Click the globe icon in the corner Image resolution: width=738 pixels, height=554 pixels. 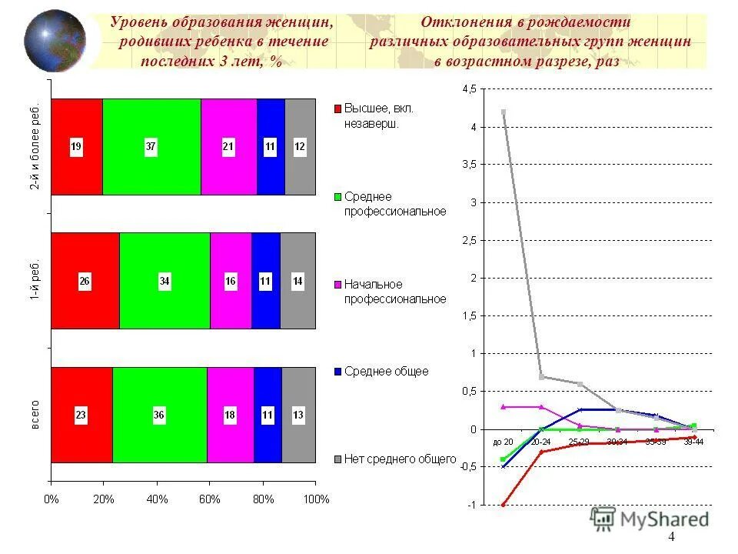point(55,41)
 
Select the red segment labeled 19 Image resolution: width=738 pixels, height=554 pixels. point(77,146)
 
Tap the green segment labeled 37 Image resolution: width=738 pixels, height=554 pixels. point(151,146)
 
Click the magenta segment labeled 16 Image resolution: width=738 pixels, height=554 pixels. point(231,281)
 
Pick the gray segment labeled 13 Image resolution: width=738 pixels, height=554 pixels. point(298,415)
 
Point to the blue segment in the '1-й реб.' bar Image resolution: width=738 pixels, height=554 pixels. point(265,281)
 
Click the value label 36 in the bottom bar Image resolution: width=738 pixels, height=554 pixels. point(159,415)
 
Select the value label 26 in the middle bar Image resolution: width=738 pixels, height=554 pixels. point(85,282)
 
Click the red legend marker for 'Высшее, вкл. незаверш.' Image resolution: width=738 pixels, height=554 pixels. point(336,109)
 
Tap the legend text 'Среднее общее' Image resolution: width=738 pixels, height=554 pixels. point(386,372)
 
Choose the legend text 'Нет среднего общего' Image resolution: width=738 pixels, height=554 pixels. point(400,459)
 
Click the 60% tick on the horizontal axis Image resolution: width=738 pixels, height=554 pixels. point(209,499)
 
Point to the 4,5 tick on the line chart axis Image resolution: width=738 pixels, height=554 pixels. point(468,89)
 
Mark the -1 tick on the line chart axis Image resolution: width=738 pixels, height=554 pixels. point(471,505)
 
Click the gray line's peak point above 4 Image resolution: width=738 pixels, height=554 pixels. point(504,112)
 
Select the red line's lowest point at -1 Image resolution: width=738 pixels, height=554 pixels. point(504,505)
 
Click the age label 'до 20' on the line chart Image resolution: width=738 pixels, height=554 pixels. point(503,442)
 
